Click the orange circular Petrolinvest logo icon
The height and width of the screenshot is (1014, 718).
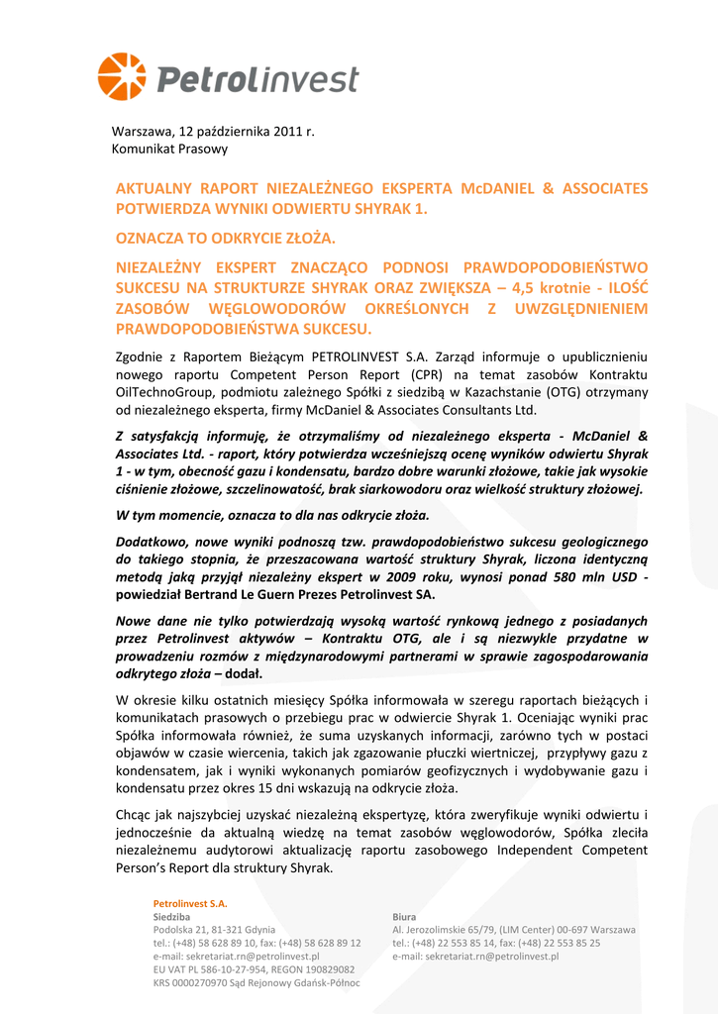click(121, 77)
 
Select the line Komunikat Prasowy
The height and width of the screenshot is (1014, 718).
click(169, 149)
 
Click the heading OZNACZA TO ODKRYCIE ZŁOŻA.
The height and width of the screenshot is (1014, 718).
click(226, 239)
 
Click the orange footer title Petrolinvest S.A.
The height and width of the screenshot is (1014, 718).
click(190, 903)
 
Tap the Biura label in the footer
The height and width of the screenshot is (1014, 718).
click(404, 917)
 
